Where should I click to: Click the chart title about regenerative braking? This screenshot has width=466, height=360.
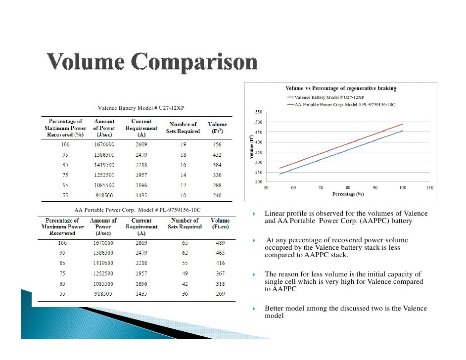point(341,88)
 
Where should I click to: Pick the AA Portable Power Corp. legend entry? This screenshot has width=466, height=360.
point(341,105)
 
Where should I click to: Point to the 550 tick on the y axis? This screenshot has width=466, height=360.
point(259,112)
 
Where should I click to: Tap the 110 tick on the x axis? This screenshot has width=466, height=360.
point(430,188)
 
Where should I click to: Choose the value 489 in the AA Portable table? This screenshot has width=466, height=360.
point(220,243)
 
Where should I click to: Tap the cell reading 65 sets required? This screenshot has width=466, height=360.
point(185,243)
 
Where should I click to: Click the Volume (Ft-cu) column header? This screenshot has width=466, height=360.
point(220,224)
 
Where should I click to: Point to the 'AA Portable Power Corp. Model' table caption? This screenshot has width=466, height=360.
point(137,210)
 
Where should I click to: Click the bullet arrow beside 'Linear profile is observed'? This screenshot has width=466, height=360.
point(253,214)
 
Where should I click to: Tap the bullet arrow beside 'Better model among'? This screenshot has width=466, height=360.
point(253,309)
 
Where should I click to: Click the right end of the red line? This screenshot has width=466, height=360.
point(403,124)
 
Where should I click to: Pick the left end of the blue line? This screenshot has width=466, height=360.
point(280,174)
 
